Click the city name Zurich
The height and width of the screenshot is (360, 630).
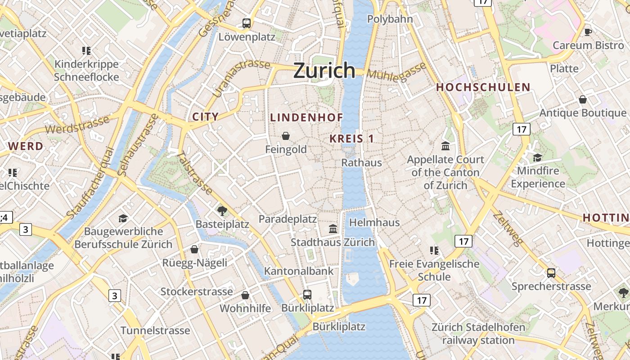tap(324, 71)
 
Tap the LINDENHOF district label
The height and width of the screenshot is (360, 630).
tap(306, 117)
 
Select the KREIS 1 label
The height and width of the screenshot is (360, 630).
tap(351, 139)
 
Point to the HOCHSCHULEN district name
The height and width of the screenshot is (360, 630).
tap(483, 87)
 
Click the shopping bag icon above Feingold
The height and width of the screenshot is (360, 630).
tap(285, 136)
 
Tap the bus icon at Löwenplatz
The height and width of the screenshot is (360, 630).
tap(246, 23)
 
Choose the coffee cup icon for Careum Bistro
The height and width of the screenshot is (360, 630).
tap(588, 32)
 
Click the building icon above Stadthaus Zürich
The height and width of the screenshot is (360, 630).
tap(333, 229)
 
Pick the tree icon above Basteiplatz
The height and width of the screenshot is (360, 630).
tap(222, 211)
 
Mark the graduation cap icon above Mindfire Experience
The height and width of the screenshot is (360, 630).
tap(537, 157)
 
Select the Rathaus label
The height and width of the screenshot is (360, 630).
tap(362, 162)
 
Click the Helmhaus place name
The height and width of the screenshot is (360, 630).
tap(374, 222)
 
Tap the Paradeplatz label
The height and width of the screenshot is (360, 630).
tap(288, 219)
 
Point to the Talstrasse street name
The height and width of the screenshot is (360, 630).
tap(195, 173)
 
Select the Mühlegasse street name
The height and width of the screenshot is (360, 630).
tap(396, 72)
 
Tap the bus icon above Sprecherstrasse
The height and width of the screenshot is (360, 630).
tap(551, 273)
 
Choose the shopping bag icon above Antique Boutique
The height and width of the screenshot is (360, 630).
tap(583, 99)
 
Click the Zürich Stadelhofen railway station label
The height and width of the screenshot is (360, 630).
tap(478, 333)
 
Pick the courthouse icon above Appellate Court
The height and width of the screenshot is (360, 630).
tap(445, 146)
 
